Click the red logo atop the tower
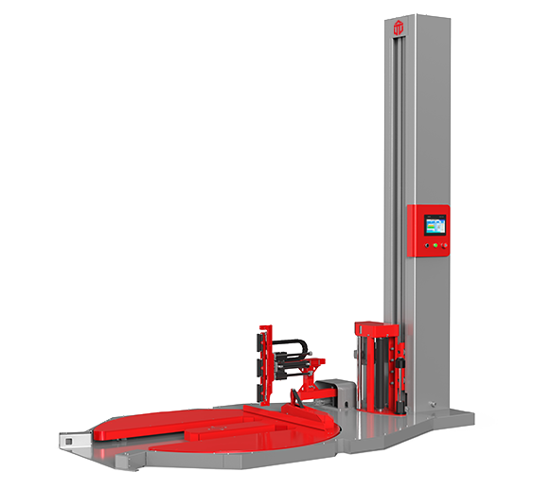click(x=399, y=30)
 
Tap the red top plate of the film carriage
click(x=377, y=327)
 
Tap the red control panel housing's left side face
click(x=412, y=233)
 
